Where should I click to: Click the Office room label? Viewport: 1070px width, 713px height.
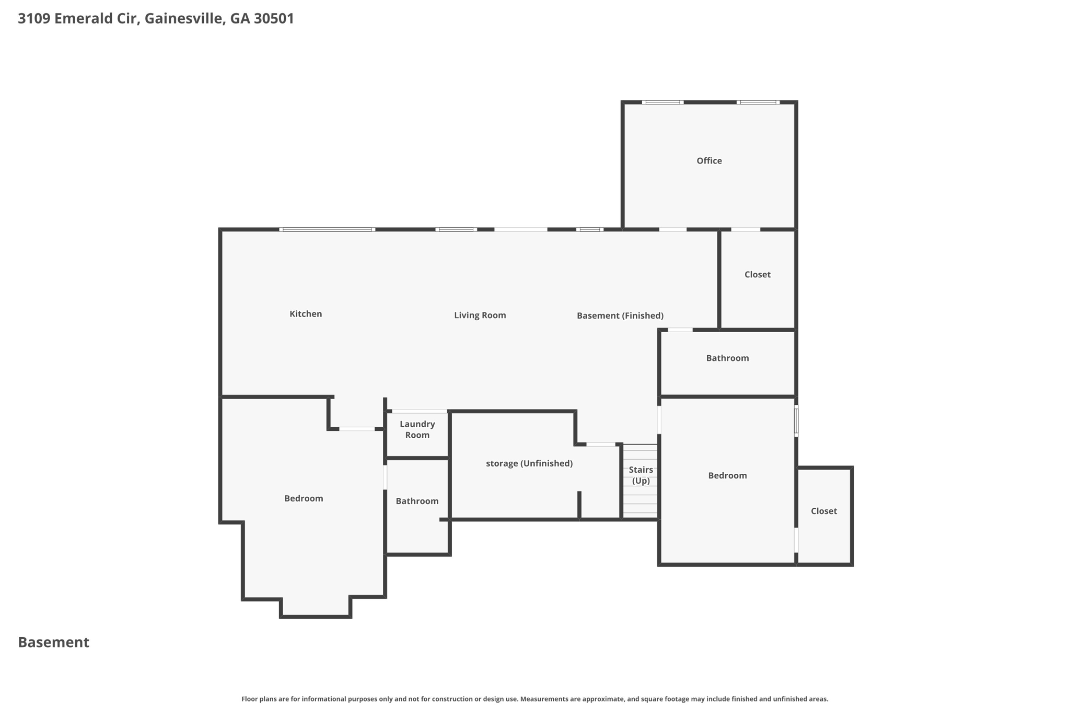709,161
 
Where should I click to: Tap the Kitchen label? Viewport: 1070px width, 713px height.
306,314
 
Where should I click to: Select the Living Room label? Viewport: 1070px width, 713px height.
480,315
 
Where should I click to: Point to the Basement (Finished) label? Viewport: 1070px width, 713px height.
620,315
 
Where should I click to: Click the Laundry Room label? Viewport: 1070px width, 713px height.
417,429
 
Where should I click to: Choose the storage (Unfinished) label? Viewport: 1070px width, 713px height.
529,463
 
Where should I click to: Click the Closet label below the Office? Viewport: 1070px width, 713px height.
757,275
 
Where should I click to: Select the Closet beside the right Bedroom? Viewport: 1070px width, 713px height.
823,511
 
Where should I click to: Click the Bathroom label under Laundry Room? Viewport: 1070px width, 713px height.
417,501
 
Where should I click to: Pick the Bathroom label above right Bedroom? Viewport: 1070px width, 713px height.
727,358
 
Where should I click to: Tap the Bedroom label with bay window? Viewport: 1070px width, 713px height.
304,499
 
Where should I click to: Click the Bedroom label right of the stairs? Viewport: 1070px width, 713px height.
727,476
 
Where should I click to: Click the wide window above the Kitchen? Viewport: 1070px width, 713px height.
327,229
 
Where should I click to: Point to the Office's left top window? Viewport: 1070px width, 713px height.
662,102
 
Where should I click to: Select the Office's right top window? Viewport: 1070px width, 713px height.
758,102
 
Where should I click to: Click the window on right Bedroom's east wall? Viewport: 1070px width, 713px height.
796,421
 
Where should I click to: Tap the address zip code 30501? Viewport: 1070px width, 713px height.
274,19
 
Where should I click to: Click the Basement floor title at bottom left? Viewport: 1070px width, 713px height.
54,642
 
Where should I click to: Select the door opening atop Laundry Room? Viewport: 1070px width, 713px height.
419,412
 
